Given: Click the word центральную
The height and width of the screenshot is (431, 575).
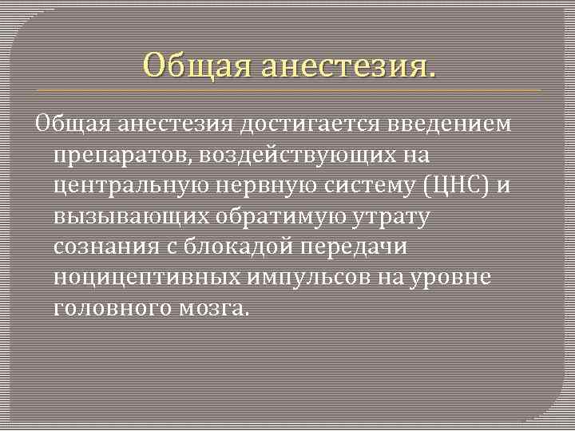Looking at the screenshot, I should coord(129,186).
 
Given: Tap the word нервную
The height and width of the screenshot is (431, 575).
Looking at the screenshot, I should coord(264,186).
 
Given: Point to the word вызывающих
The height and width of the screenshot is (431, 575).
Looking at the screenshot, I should coord(130,216).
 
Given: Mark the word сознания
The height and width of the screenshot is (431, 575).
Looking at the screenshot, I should coord(102,247).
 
